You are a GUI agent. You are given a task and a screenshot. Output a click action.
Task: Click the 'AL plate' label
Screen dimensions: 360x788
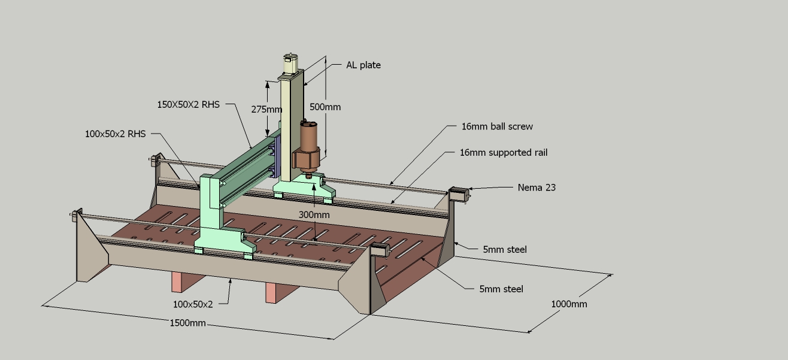point(363,65)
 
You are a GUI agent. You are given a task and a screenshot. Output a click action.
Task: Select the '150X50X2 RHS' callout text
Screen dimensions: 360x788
point(188,104)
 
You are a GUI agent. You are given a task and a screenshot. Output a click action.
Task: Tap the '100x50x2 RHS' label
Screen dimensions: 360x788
point(116,134)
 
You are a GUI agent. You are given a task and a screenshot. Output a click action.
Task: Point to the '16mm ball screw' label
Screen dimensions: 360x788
point(497,126)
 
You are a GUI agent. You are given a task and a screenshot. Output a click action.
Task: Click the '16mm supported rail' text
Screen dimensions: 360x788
point(504,152)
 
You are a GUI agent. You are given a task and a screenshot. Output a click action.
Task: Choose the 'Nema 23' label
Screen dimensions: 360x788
point(537,187)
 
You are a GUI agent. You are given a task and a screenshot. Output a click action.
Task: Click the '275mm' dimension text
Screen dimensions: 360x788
point(266,109)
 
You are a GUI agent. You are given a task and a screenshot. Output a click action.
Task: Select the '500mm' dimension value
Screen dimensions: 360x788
point(325,107)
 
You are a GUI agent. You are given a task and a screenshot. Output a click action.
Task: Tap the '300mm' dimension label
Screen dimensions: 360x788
point(314,214)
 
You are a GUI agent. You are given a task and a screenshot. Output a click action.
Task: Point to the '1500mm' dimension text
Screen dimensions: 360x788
point(188,323)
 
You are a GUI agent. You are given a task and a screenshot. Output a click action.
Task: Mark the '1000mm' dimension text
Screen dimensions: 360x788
point(569,304)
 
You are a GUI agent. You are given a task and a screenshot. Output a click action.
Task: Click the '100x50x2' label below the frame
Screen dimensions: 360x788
point(193,304)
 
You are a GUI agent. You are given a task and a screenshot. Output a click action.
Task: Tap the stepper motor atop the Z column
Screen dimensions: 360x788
point(290,63)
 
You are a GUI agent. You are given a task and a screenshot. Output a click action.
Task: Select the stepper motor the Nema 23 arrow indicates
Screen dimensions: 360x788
point(458,194)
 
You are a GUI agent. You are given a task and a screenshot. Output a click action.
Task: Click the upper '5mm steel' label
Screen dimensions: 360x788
point(505,249)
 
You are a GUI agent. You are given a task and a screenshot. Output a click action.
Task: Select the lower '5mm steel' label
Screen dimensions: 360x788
point(501,289)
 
